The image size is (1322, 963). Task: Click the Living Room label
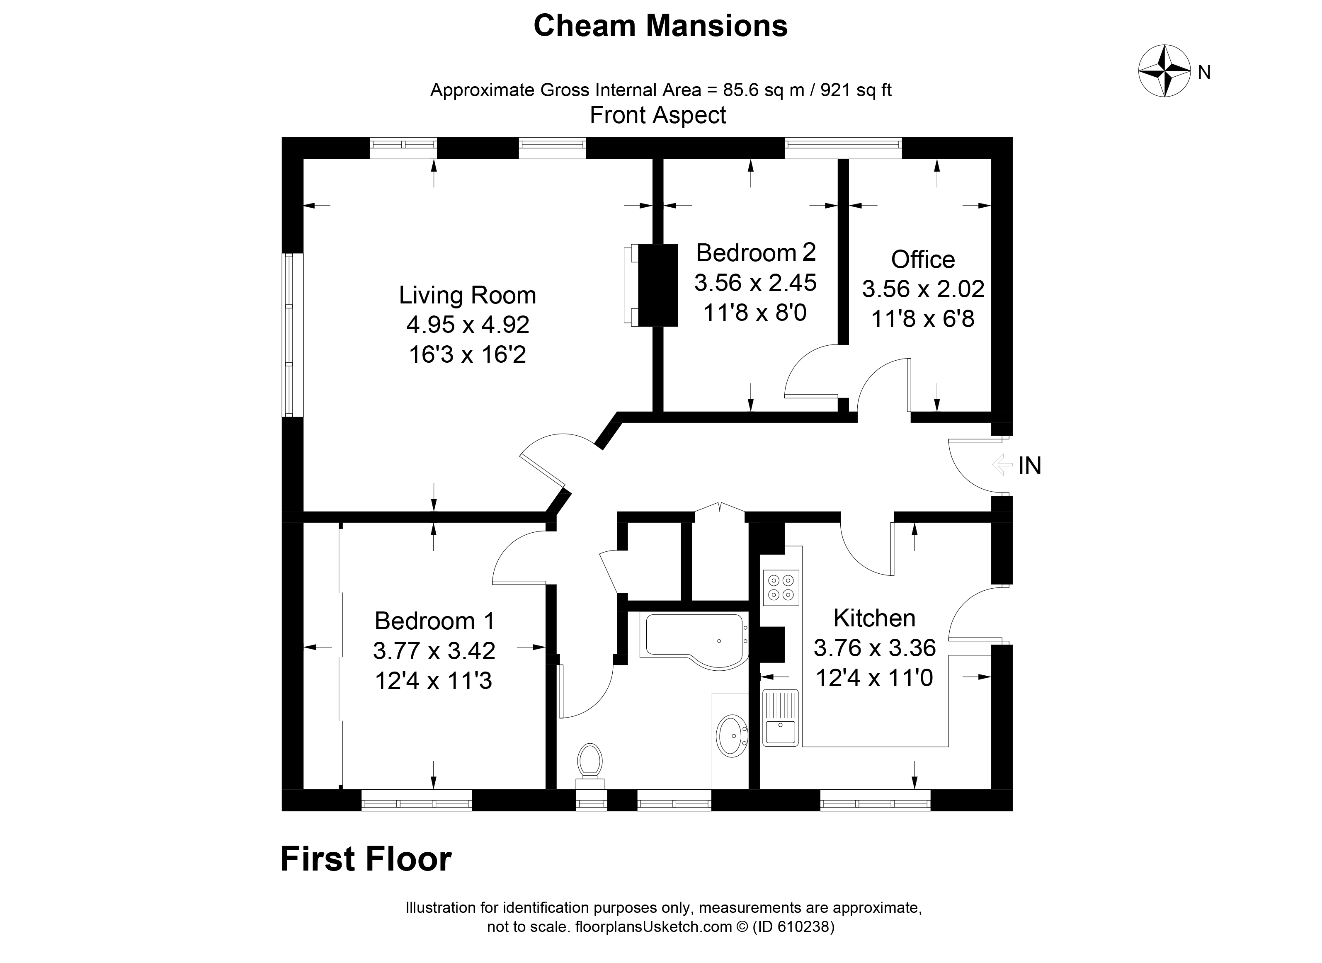(467, 295)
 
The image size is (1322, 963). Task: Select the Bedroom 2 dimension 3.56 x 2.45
(755, 283)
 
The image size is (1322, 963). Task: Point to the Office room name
(923, 260)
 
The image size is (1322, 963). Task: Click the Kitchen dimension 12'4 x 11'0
(874, 678)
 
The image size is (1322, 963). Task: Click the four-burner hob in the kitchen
(781, 587)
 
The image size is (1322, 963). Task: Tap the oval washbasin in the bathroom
(732, 736)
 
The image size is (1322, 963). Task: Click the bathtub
(694, 637)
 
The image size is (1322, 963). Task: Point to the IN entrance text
(1029, 466)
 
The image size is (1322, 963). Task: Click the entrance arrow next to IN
(1002, 465)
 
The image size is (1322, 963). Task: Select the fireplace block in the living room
(657, 285)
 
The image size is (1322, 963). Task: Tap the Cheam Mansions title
(660, 26)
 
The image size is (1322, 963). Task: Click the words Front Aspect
(657, 115)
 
